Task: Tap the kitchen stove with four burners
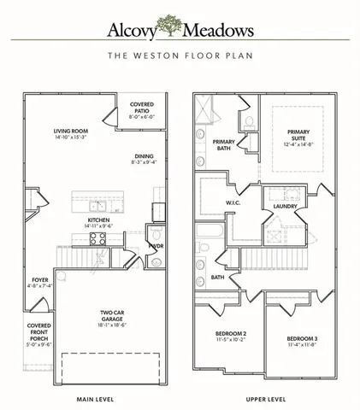[97, 240]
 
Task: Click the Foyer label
[40, 280]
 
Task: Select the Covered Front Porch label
[38, 333]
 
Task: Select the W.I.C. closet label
[233, 202]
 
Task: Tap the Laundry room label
[285, 207]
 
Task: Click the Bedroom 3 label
[302, 339]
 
